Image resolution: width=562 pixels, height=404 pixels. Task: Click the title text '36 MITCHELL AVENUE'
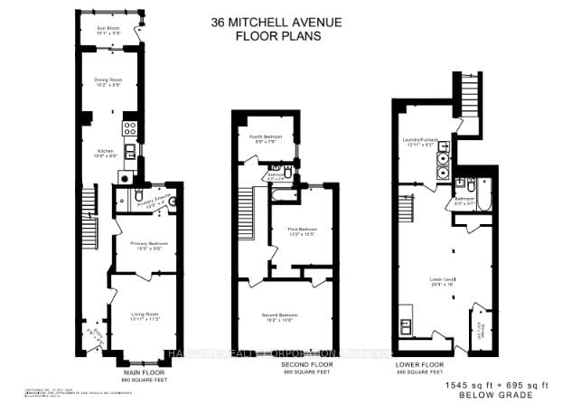(x=286, y=23)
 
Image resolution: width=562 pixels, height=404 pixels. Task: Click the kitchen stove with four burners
(x=129, y=128)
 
